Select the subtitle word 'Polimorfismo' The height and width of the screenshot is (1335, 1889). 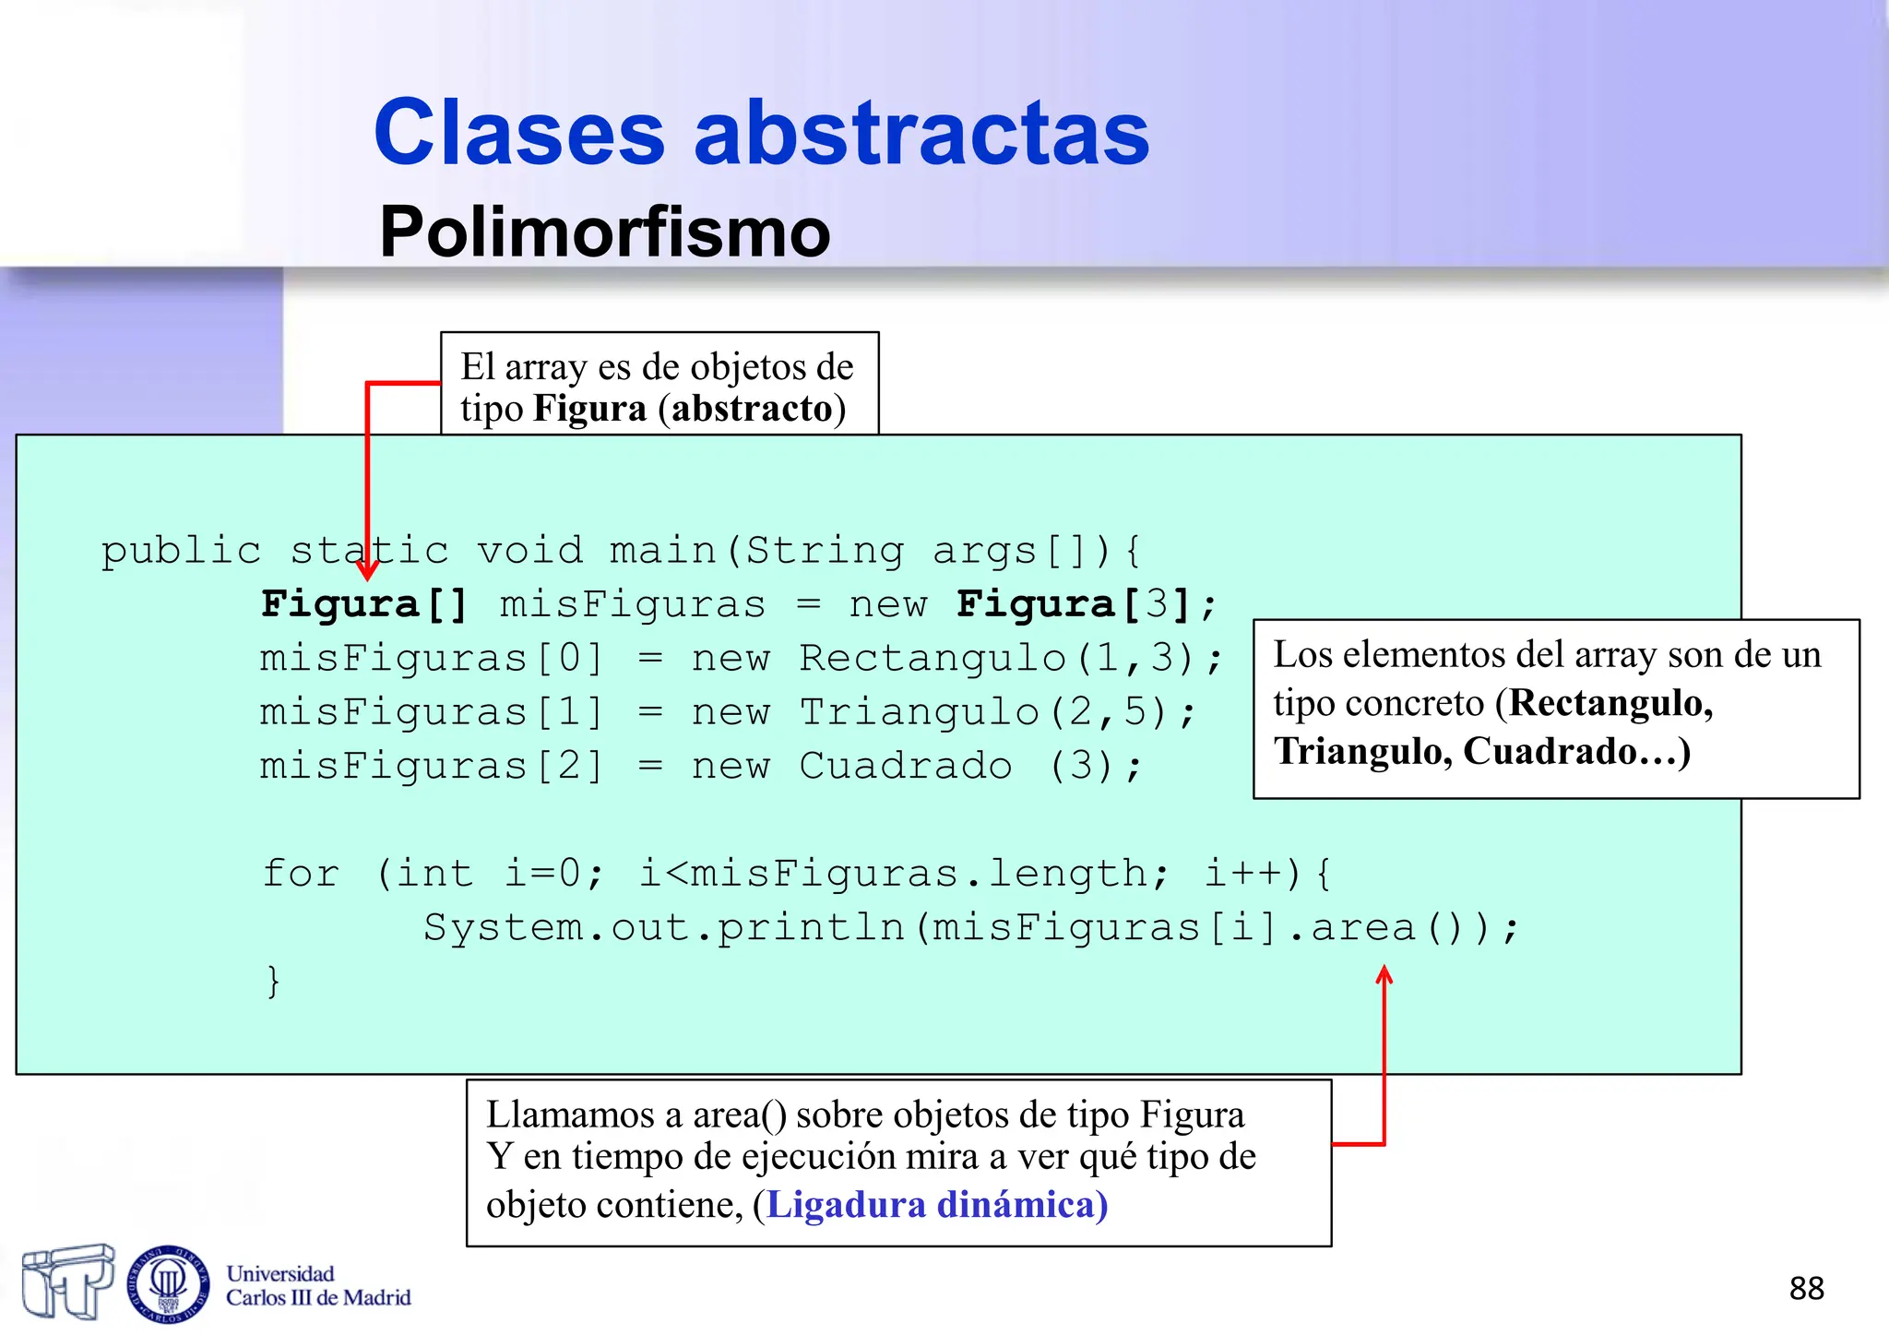(605, 231)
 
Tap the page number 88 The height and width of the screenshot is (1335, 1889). (1806, 1288)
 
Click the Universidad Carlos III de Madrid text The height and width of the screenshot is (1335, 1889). (318, 1285)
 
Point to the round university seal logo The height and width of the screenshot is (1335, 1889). (168, 1282)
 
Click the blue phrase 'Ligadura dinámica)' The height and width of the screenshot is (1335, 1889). (937, 1205)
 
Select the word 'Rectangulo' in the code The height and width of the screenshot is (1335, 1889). (932, 659)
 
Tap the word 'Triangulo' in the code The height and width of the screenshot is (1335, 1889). (919, 712)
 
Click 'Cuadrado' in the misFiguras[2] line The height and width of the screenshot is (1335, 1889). (905, 766)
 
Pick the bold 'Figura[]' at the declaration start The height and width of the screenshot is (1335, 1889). (365, 605)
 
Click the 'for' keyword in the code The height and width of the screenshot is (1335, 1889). (301, 873)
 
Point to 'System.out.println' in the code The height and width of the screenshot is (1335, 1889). (664, 927)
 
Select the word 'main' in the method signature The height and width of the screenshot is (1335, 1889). (663, 551)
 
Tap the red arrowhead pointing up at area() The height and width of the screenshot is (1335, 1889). (1384, 973)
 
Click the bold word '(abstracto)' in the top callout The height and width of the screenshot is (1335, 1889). (752, 409)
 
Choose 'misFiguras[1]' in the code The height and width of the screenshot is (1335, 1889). (431, 712)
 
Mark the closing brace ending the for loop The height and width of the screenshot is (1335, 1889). (272, 981)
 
